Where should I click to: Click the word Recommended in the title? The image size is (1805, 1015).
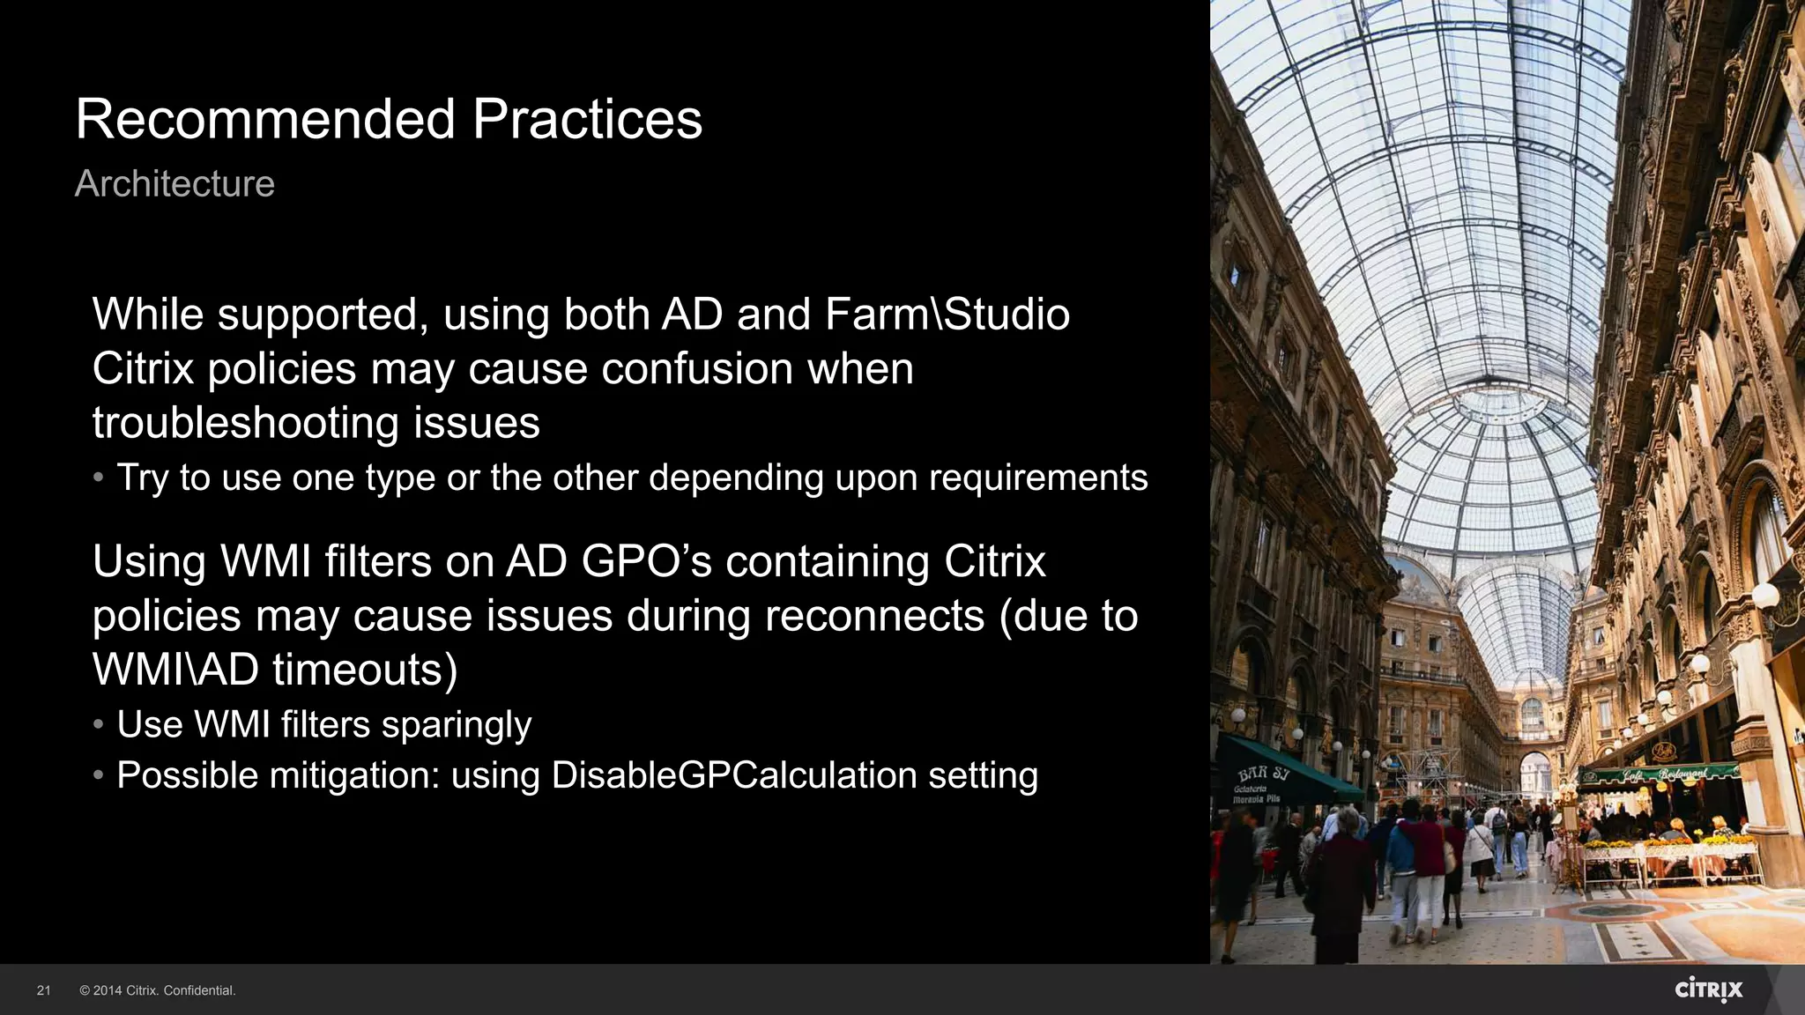(264, 119)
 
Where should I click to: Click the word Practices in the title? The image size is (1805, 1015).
(587, 119)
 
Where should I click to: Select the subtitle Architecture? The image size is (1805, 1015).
(175, 183)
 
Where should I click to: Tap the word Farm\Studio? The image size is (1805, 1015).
(947, 315)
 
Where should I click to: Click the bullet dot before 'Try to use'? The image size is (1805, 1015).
(99, 478)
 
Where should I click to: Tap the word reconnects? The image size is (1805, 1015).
(873, 616)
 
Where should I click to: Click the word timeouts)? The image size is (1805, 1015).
(365, 670)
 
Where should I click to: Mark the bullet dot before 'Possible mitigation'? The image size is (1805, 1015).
(99, 775)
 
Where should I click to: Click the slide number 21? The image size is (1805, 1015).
(43, 990)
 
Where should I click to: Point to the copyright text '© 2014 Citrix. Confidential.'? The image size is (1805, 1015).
(158, 990)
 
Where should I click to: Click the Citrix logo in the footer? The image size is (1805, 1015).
(1708, 989)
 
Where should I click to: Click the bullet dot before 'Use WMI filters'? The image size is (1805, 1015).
(99, 724)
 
